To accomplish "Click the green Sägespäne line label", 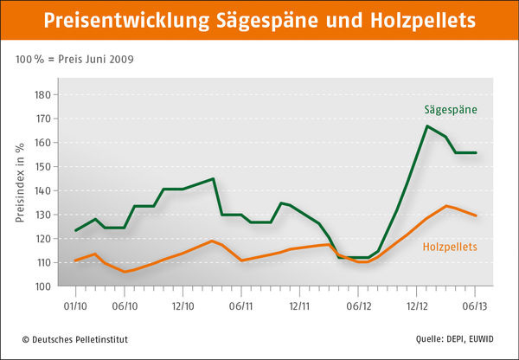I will (x=451, y=110).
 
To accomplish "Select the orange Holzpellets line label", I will (x=450, y=247).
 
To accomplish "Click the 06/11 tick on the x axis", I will (x=241, y=305).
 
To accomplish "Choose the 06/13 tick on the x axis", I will (x=476, y=305).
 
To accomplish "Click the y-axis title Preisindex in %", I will (x=21, y=186).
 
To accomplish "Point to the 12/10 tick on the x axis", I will (x=183, y=305).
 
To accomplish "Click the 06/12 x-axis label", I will (x=358, y=305).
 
